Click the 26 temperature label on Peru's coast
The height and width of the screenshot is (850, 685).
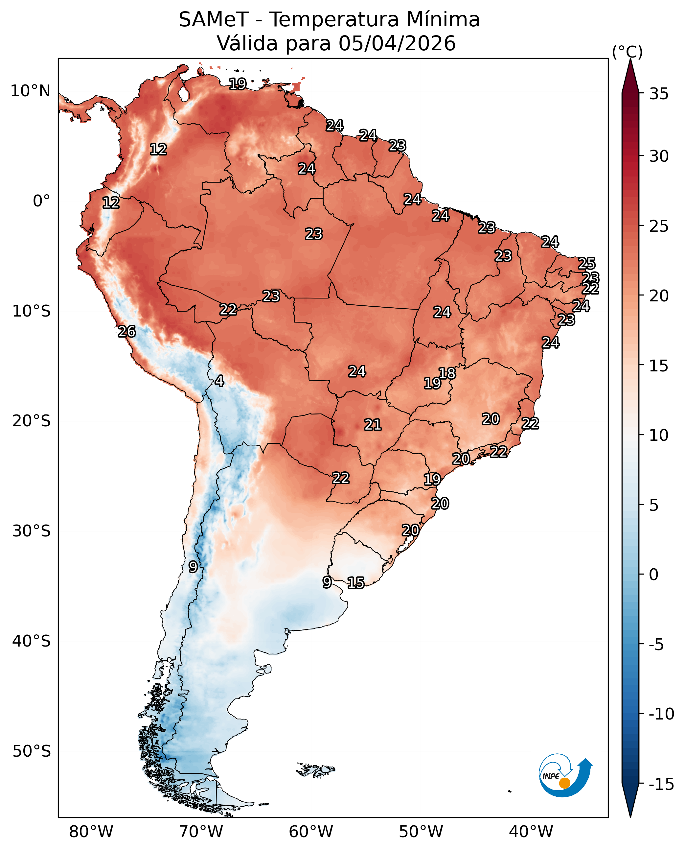tap(127, 332)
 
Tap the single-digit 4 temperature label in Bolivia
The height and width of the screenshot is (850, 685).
tap(219, 381)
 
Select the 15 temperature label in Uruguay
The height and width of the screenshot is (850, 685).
tap(356, 583)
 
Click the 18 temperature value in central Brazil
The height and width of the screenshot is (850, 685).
tap(447, 373)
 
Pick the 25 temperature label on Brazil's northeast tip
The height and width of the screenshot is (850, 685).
tap(587, 263)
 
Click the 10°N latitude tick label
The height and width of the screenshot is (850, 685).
tap(30, 91)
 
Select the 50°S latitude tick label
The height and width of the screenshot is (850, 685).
tap(32, 751)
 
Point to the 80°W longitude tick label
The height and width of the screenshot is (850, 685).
tap(91, 832)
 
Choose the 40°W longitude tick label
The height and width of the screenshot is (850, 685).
tap(531, 832)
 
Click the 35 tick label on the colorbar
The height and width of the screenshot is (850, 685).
tap(659, 94)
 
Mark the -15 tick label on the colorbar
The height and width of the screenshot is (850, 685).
tap(661, 785)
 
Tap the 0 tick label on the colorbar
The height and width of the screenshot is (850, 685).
tap(654, 575)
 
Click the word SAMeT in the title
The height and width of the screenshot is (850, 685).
tap(214, 20)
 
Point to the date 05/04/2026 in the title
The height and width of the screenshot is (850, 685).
tap(397, 43)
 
